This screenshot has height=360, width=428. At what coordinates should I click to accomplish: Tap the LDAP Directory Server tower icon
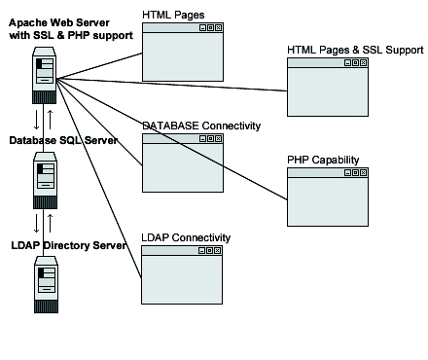45,283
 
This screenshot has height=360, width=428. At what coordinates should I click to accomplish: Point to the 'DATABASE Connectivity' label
201,126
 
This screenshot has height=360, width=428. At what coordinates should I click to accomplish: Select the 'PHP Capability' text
323,159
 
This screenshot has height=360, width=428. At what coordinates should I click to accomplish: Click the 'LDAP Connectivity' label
186,237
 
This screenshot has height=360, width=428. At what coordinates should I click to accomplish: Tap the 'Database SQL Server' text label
63,140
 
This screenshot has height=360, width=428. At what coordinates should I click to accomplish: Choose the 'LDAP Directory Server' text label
68,245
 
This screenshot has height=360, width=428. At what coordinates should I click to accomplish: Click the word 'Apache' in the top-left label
29,21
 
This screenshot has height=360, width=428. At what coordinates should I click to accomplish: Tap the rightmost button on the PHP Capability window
363,173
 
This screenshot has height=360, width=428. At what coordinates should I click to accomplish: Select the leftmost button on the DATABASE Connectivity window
201,139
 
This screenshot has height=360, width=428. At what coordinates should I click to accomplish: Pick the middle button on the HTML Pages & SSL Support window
355,63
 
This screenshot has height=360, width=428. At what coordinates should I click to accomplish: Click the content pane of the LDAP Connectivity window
183,282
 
